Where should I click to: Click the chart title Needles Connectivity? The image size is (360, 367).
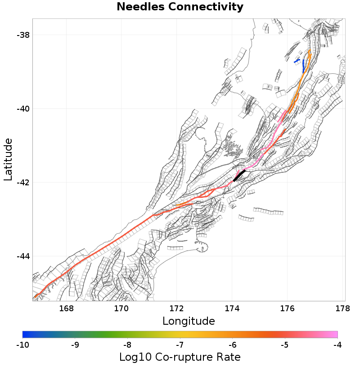pos(180,7)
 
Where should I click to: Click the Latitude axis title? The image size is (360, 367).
pos(8,160)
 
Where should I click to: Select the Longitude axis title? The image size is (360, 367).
pos(188,321)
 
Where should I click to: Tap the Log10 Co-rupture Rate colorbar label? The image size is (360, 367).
pos(180,357)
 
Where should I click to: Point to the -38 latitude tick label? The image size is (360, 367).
pos(21,35)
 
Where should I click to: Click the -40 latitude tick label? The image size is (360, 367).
pos(21,109)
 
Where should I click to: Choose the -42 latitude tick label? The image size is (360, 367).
pos(21,183)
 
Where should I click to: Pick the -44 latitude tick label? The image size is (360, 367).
pos(21,256)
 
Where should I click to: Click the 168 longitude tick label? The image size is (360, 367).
pos(66,309)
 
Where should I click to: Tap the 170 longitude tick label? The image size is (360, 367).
pos(121,309)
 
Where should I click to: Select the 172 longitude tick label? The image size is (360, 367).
pos(177,309)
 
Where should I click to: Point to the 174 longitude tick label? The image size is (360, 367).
pos(232,309)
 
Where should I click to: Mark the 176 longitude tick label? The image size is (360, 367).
pos(287,309)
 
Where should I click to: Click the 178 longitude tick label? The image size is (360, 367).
pos(342,309)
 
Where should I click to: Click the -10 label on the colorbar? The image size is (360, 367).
pos(22,345)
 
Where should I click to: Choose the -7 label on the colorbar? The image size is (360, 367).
pos(180,345)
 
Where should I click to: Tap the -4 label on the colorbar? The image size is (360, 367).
pos(337,345)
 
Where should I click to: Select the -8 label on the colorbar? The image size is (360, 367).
pos(127,345)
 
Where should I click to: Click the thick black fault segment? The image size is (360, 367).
pos(239,175)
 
